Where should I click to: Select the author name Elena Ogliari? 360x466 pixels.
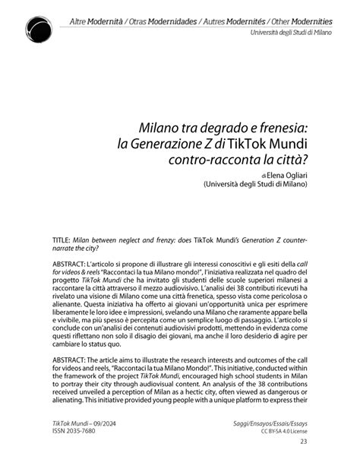pos(280,174)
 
